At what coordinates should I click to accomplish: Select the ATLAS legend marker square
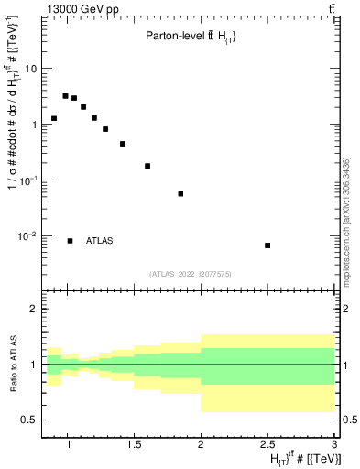pyautogui.click(x=70, y=241)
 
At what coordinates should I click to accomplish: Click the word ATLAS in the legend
pyautogui.click(x=99, y=241)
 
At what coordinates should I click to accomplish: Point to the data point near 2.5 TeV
pyautogui.click(x=267, y=245)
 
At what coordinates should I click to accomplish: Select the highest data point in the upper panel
pyautogui.click(x=66, y=95)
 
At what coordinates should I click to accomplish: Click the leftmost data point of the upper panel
pyautogui.click(x=54, y=118)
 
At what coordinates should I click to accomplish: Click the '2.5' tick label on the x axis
pyautogui.click(x=267, y=445)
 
